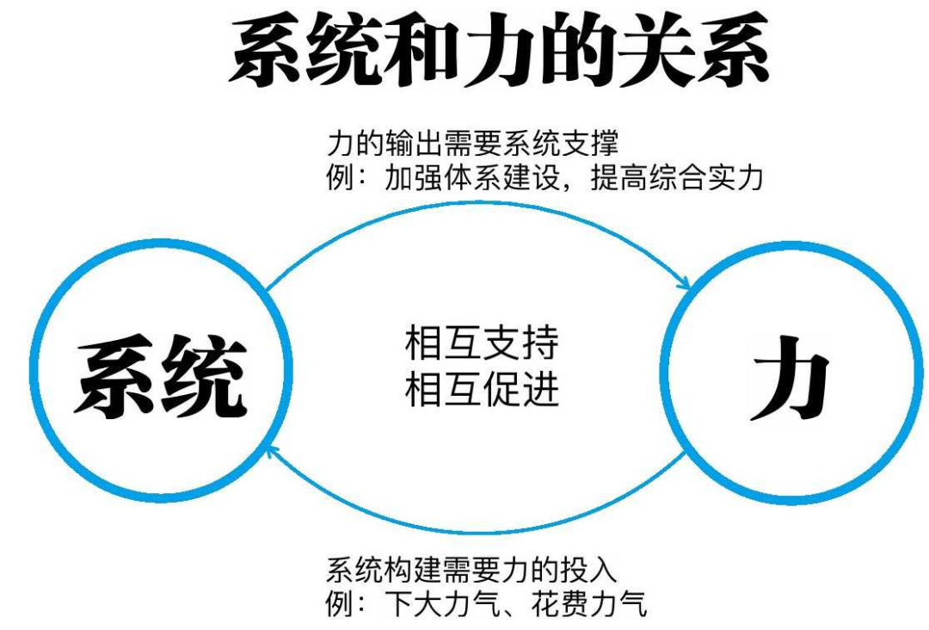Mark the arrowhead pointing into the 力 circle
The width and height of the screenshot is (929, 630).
[x=686, y=285]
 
